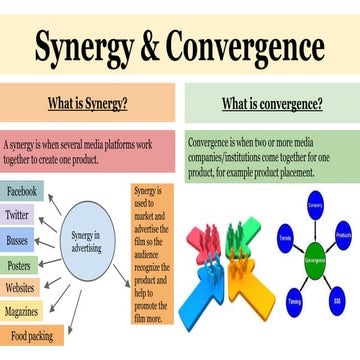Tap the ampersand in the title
tap(145, 47)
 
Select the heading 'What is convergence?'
tap(271, 103)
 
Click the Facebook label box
tap(21, 191)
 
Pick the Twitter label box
tap(17, 215)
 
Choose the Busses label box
tap(17, 240)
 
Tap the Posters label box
tap(19, 265)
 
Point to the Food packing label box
tap(31, 337)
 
